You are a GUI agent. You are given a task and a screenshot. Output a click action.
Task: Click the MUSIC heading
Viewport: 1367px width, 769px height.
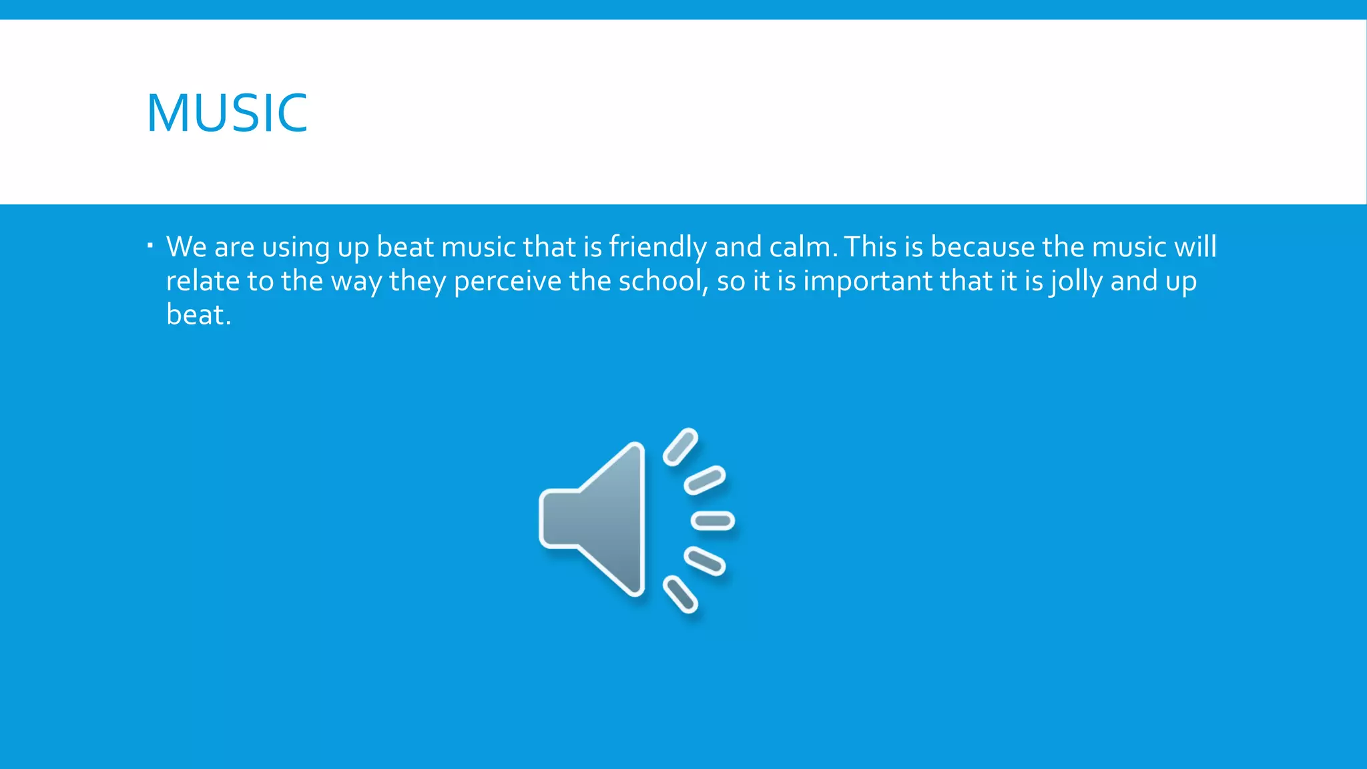click(227, 113)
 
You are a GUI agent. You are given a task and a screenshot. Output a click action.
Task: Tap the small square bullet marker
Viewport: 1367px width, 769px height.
click(150, 246)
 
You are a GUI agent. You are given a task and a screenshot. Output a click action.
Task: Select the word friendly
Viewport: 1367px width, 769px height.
click(657, 248)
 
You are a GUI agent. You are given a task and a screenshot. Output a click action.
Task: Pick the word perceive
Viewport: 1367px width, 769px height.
click(507, 282)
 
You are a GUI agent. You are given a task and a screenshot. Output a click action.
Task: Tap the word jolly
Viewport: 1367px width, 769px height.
click(1076, 282)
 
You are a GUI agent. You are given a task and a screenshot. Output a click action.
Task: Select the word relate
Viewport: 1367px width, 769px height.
click(202, 281)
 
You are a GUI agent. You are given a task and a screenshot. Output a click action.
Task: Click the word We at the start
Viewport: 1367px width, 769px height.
click(186, 247)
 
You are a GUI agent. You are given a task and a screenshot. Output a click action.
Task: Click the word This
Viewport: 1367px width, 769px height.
click(870, 247)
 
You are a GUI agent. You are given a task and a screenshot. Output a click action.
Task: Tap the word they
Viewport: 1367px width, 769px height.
click(417, 282)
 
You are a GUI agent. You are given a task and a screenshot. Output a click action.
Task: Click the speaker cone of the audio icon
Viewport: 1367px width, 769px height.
click(594, 519)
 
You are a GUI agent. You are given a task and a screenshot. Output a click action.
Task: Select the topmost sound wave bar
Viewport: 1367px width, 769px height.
click(680, 447)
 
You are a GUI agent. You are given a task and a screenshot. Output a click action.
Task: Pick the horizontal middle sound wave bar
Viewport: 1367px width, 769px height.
click(713, 521)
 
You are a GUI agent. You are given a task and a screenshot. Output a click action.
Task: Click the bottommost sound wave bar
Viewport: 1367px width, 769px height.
click(680, 593)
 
